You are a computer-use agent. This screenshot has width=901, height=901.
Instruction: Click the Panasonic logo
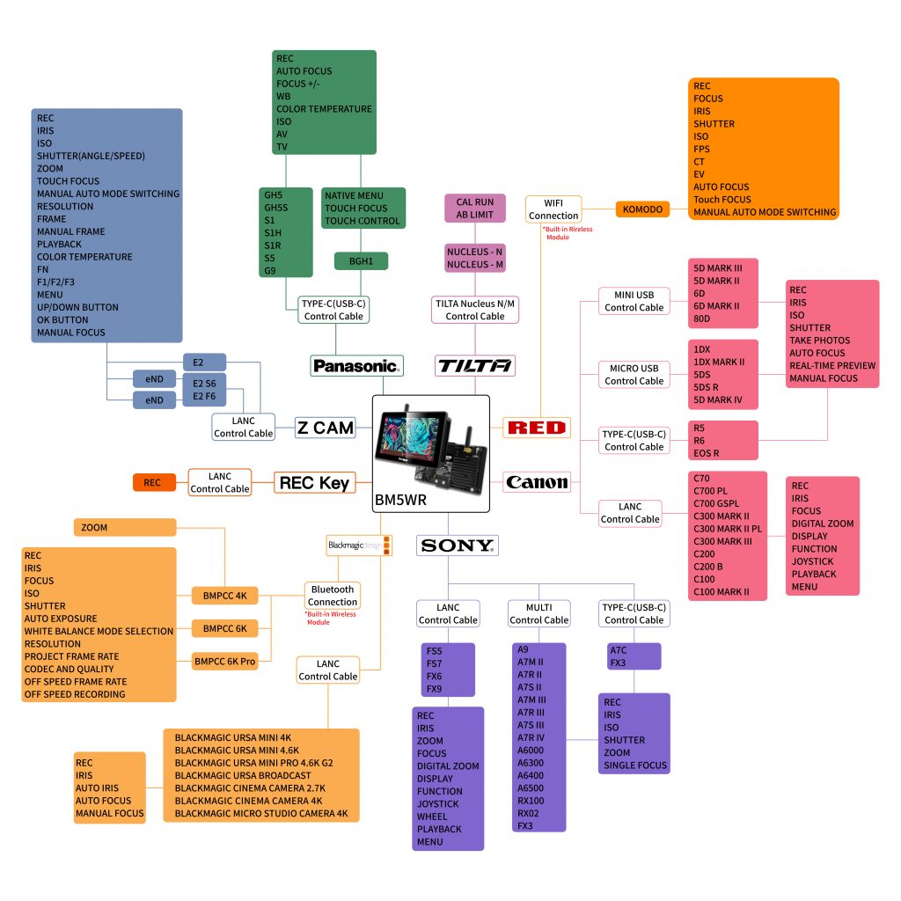356,365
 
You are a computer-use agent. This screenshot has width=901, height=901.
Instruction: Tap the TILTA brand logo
475,365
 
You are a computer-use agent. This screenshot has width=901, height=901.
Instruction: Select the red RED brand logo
537,429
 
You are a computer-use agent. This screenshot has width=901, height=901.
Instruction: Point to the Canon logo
537,482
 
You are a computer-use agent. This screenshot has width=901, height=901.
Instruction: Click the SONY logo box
458,546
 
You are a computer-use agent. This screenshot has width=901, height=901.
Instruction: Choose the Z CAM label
325,429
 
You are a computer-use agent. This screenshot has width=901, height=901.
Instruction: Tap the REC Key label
314,482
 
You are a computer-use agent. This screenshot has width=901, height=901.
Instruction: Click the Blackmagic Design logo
359,545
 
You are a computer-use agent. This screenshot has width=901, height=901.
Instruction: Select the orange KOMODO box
643,209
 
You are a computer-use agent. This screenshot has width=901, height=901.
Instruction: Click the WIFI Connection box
554,209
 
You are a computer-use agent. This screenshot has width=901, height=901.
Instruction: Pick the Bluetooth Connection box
333,596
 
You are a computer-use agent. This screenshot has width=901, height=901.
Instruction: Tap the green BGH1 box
362,261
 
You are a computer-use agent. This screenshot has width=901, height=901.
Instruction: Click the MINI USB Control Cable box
634,301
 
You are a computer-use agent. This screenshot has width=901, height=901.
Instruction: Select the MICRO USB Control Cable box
634,375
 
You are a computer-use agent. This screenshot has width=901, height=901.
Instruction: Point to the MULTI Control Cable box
539,613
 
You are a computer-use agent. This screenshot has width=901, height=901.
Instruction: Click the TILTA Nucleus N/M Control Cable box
475,310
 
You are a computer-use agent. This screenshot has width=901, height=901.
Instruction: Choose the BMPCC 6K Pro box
225,661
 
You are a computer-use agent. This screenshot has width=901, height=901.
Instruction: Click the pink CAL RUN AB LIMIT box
475,209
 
